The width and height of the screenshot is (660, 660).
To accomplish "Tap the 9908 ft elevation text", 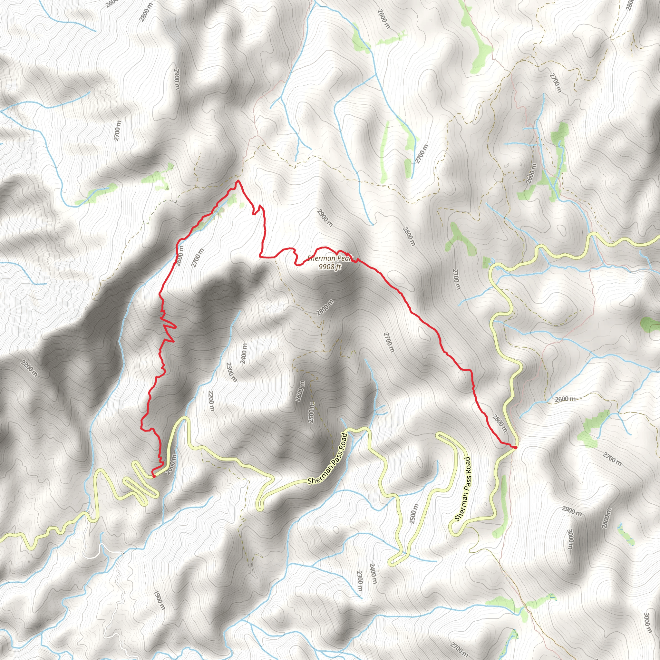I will pos(330,267).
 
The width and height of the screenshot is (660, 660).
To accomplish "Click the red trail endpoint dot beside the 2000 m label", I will pos(154,476).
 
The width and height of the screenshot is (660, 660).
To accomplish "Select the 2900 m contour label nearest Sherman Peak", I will pos(324,218).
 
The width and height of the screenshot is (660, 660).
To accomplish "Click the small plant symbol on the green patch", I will pos(167,188).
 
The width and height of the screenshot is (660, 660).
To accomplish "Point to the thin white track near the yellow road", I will pos(102,550).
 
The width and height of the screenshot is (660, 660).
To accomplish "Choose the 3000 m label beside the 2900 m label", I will pos(570,539).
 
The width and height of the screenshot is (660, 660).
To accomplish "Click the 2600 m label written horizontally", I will pos(565,399).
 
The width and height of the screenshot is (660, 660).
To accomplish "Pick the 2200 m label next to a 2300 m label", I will pos(211,401).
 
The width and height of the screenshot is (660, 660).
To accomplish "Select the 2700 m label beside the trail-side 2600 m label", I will pos(198,258).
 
